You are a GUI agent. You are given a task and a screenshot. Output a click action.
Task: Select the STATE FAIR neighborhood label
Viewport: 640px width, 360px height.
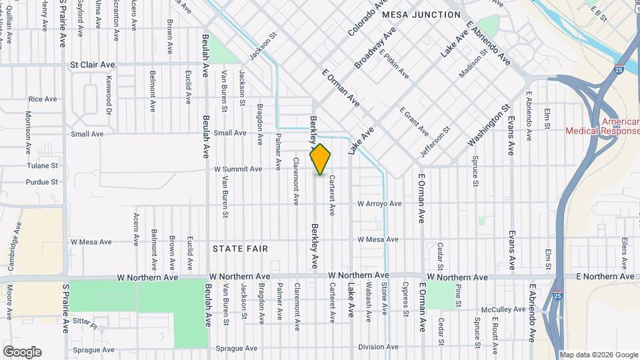pyautogui.click(x=240, y=249)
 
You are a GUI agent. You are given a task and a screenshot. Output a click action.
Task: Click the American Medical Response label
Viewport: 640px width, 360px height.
pyautogui.click(x=602, y=127)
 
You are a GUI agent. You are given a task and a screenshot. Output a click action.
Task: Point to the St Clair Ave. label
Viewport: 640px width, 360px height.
pyautogui.click(x=93, y=65)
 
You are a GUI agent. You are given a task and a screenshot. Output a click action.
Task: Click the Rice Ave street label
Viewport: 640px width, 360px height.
pyautogui.click(x=43, y=99)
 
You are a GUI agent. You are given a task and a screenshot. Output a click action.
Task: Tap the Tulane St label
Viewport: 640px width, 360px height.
pyautogui.click(x=43, y=165)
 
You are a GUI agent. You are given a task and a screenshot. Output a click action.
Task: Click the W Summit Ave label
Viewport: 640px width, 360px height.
pyautogui.click(x=238, y=169)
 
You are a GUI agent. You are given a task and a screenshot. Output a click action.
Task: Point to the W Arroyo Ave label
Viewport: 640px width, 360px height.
pyautogui.click(x=379, y=203)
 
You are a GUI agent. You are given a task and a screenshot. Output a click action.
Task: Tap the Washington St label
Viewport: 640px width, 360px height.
pyautogui.click(x=489, y=125)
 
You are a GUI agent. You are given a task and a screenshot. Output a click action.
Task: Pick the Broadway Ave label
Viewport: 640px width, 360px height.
pyautogui.click(x=375, y=48)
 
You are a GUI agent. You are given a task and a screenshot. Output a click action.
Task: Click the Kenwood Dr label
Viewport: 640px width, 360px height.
pyautogui.click(x=109, y=95)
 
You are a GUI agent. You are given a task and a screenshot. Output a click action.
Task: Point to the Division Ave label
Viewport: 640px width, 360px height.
pyautogui.click(x=378, y=347)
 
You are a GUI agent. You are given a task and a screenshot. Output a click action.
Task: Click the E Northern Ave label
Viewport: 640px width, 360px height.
pyautogui.click(x=605, y=276)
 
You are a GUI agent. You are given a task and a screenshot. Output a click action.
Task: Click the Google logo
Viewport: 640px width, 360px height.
pyautogui.click(x=22, y=352)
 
